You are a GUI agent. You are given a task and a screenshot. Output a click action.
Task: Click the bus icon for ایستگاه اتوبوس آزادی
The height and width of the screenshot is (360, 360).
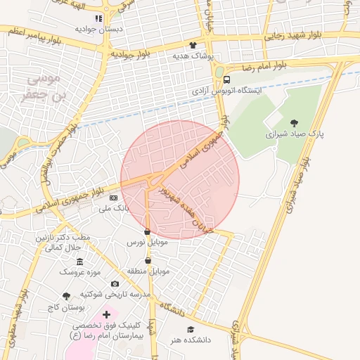coord(227,79)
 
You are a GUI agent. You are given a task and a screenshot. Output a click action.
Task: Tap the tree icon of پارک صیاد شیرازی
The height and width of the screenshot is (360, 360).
coord(293,122)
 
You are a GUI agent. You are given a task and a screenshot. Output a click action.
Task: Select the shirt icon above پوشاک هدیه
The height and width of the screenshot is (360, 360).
coord(193,44)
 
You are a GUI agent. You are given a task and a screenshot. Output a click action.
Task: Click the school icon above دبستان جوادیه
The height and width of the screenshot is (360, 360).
coord(98,18)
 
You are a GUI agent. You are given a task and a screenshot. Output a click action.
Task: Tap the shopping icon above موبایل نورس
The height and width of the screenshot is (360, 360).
coord(147,231)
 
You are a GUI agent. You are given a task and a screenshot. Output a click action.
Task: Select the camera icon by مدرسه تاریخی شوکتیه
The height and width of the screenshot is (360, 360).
coord(115,283)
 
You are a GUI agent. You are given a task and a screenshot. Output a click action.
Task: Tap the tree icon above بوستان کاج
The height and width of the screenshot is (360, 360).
coord(66,297)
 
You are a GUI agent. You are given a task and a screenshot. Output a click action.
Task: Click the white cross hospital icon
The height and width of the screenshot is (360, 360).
coord(106,314)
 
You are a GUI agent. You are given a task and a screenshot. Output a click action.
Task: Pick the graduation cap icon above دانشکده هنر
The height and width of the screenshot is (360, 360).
coord(189,329)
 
